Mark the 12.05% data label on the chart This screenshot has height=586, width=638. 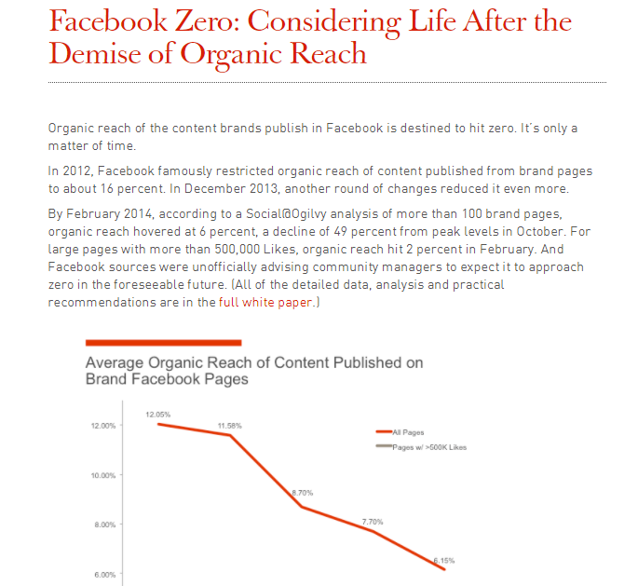(157, 413)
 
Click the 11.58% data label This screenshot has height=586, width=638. (230, 425)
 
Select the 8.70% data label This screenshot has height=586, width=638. (304, 493)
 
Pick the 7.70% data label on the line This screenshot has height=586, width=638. (371, 521)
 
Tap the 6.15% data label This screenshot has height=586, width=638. (443, 560)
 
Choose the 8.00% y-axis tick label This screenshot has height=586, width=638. (103, 525)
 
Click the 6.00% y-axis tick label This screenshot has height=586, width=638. (103, 574)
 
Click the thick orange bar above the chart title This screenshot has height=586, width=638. (163, 342)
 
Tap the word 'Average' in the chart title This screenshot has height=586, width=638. (118, 362)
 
